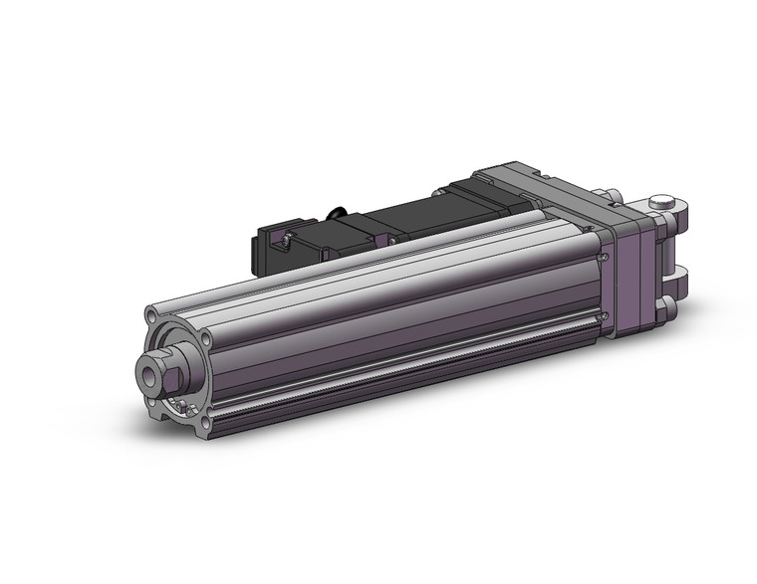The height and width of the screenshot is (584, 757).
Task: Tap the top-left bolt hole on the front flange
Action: pos(151,317)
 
